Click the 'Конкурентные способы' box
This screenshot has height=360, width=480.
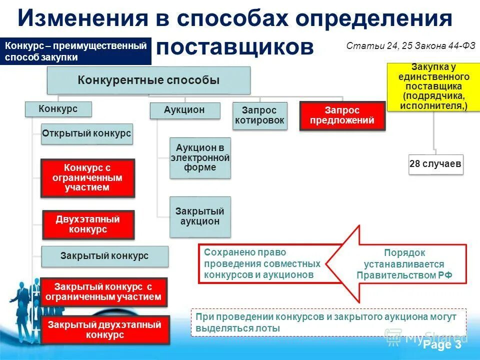148,80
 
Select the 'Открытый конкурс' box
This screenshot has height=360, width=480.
87,134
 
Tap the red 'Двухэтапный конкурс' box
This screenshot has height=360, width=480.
88,224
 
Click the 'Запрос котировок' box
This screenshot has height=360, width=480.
260,115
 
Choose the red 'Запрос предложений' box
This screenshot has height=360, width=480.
342,116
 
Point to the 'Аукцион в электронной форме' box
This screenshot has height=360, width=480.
200,158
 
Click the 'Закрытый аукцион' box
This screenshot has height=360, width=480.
200,216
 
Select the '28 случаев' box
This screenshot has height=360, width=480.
435,164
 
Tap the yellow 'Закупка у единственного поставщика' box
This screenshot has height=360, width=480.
433,87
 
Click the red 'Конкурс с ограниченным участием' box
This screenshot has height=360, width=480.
87,177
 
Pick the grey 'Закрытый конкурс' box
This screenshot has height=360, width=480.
104,256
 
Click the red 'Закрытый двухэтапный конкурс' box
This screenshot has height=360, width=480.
104,330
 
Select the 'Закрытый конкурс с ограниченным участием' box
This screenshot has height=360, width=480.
103,292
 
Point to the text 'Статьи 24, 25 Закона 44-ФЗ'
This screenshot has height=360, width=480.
410,45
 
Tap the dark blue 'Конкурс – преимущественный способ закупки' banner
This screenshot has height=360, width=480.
75,51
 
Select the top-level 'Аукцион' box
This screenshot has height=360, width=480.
184,110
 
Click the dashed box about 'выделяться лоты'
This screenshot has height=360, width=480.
328,322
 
